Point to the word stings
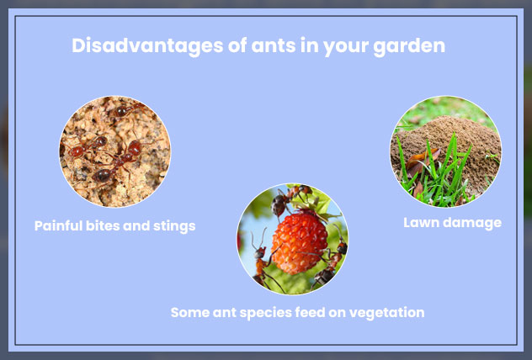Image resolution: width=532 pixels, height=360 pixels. tap(173, 225)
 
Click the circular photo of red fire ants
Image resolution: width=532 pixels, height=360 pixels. tap(114, 151)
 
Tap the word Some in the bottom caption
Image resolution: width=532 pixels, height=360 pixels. tap(188, 312)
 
